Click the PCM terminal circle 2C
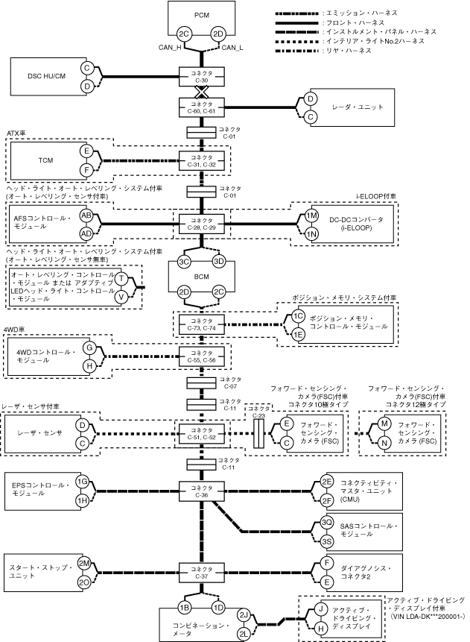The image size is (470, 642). pyautogui.click(x=184, y=34)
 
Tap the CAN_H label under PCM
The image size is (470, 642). pyautogui.click(x=170, y=48)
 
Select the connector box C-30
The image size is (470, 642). pyautogui.click(x=202, y=77)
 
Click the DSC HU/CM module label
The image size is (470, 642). pyautogui.click(x=47, y=76)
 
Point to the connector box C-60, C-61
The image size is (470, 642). pyautogui.click(x=202, y=107)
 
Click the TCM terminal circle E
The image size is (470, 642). pyautogui.click(x=86, y=151)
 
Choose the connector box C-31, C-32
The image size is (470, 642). pyautogui.click(x=202, y=160)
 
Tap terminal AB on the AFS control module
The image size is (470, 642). pyautogui.click(x=86, y=215)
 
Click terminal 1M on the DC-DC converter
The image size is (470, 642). pyautogui.click(x=311, y=215)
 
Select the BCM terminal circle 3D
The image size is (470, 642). pyautogui.click(x=219, y=262)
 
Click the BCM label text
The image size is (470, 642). pyautogui.click(x=202, y=277)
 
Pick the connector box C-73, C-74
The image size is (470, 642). pyautogui.click(x=202, y=324)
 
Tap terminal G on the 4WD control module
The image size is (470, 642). pyautogui.click(x=89, y=348)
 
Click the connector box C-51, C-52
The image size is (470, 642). pyautogui.click(x=202, y=434)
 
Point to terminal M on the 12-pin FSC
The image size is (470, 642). pyautogui.click(x=384, y=424)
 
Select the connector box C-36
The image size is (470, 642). pyautogui.click(x=202, y=491)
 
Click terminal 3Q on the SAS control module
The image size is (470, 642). pyautogui.click(x=326, y=523)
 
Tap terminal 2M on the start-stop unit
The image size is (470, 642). pyautogui.click(x=84, y=564)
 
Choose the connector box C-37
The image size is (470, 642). pyautogui.click(x=202, y=573)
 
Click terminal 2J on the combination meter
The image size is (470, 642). pyautogui.click(x=244, y=615)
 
